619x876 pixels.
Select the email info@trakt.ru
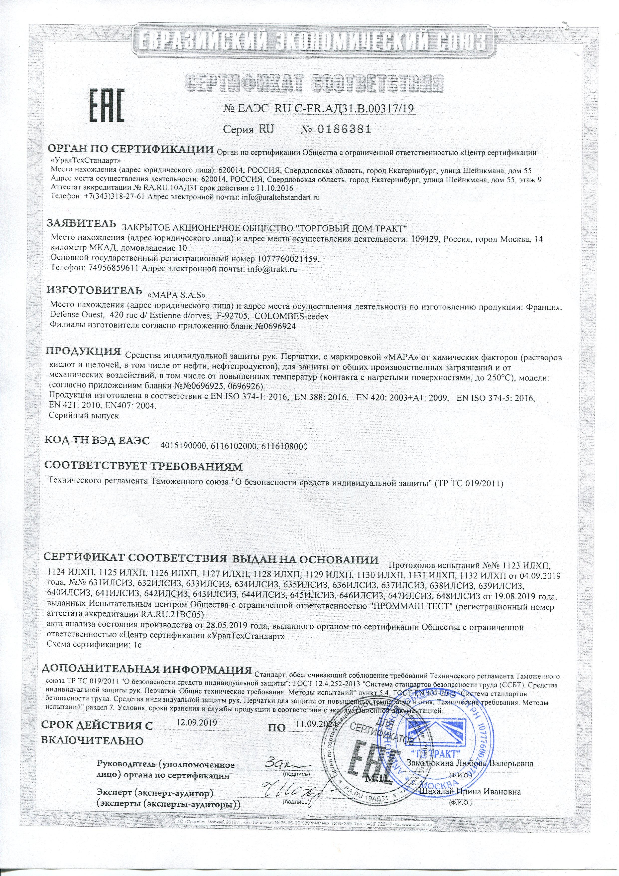tap(272, 269)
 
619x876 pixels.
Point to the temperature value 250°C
tap(498, 377)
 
